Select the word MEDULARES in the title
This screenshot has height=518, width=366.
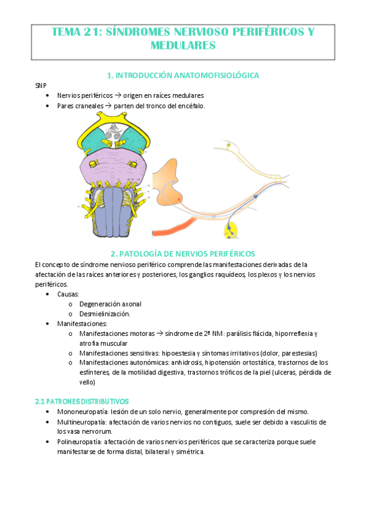coord(183,45)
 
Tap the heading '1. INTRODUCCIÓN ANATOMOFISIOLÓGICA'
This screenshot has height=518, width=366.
coord(183,75)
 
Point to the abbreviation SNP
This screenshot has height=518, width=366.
coord(41,86)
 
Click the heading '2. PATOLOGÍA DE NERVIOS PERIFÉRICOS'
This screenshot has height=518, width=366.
coord(183,253)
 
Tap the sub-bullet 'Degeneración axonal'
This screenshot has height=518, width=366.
coord(110,304)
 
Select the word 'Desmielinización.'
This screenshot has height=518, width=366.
coord(104,313)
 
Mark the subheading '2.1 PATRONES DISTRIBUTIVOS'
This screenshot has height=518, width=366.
coord(82,401)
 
